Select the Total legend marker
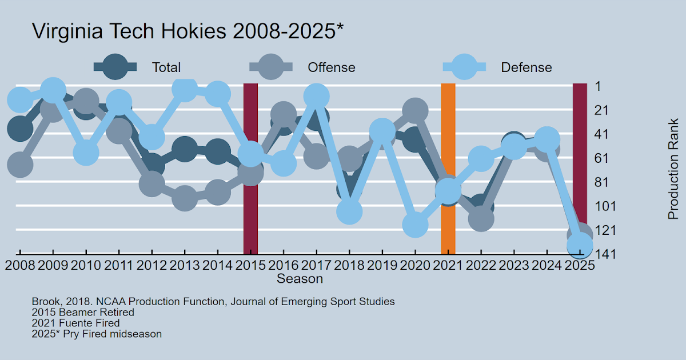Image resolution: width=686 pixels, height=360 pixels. click(x=115, y=67)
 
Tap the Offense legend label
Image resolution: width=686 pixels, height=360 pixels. click(x=332, y=67)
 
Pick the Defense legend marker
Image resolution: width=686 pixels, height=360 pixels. click(x=464, y=67)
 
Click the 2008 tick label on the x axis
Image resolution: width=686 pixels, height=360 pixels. click(x=20, y=266)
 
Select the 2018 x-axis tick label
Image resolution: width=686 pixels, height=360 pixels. click(x=349, y=266)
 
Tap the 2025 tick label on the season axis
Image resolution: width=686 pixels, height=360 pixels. click(x=579, y=266)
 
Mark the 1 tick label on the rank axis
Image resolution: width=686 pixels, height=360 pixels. click(x=597, y=86)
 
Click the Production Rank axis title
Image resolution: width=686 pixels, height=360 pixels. click(x=673, y=169)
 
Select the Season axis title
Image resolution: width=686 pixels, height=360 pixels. click(x=300, y=279)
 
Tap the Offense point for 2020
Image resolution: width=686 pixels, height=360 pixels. click(x=415, y=110)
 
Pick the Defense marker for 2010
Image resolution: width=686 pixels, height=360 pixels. click(x=86, y=153)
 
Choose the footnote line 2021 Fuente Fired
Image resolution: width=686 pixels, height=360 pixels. click(x=75, y=323)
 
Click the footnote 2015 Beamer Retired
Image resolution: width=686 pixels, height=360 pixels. click(x=83, y=313)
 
